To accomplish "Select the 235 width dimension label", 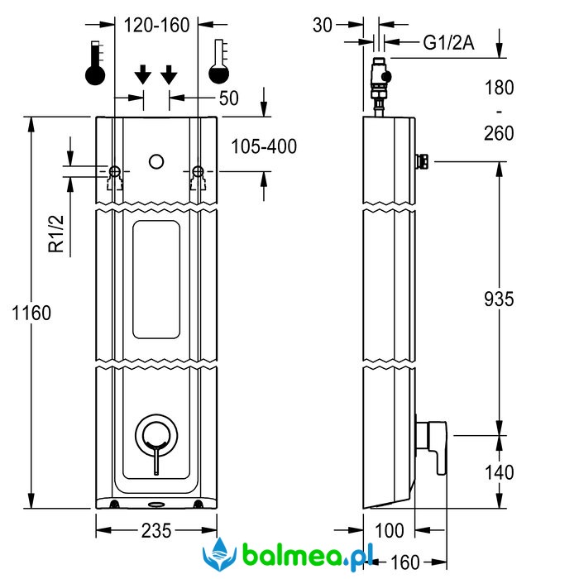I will click(156, 531).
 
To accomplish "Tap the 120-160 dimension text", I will click(156, 26).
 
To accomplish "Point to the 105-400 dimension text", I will click(263, 146).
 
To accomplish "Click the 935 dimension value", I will click(498, 299).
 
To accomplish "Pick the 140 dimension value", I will click(498, 472).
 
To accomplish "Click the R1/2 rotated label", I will click(55, 233).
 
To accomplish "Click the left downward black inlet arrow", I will click(142, 75).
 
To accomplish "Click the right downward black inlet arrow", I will click(169, 75).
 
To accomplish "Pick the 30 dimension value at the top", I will click(323, 26).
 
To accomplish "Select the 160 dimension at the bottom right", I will click(404, 562).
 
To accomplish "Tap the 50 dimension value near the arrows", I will click(228, 98).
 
